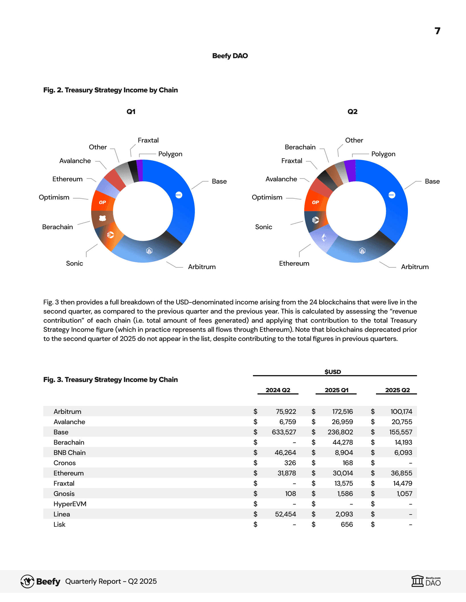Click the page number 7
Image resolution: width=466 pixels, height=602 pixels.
[438, 31]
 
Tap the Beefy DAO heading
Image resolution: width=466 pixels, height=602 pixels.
[230, 56]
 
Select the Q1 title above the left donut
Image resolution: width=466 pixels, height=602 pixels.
[131, 112]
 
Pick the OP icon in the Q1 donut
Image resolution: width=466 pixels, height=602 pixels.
[102, 202]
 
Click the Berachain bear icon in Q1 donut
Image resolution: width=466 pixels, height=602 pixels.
[103, 218]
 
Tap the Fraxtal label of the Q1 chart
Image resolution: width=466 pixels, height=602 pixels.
[148, 140]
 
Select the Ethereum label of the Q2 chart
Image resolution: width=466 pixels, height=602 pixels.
[294, 263]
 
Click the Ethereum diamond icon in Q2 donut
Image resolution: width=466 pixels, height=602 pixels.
[324, 237]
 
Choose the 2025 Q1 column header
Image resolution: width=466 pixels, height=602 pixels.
[336, 390]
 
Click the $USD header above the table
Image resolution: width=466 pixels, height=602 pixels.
[333, 372]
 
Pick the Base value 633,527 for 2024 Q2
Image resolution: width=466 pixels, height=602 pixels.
[284, 432]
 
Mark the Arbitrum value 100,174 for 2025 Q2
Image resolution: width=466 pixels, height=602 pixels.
[401, 412]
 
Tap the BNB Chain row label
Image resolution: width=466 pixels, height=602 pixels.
[70, 453]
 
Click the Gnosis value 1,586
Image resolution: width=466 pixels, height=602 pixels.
[345, 494]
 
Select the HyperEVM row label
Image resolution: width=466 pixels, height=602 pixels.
[70, 504]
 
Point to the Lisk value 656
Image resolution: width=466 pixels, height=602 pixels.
[347, 524]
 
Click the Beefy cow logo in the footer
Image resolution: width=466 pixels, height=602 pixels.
[27, 581]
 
